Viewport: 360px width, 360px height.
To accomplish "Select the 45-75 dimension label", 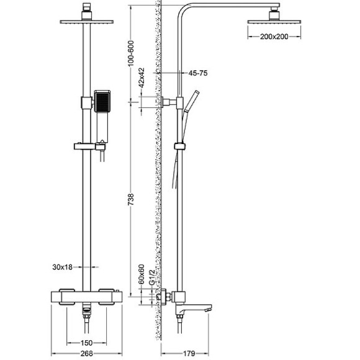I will point(197,73).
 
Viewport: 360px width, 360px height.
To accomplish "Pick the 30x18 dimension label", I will point(62,267).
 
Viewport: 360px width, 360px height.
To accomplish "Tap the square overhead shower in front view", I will point(87,22).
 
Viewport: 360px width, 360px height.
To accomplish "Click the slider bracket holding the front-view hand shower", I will point(87,147).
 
